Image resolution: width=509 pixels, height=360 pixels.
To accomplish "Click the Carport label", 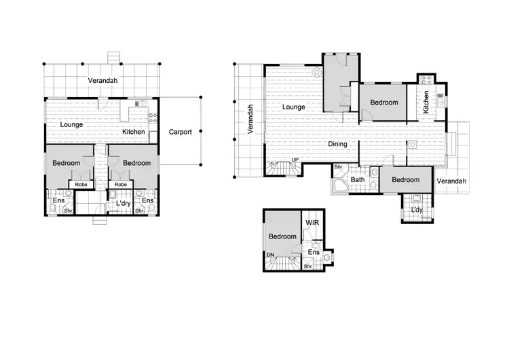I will point(180,132).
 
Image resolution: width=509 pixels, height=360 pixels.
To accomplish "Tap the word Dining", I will point(337,144).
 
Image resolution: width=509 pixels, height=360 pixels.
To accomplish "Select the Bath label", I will point(358,180).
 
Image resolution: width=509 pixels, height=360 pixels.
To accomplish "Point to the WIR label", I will point(312,222).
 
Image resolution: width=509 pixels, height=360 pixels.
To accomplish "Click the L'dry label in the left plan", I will point(123,203).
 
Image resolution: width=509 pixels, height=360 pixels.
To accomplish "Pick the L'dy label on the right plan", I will point(417,211).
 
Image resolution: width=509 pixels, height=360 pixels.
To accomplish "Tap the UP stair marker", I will point(295,160).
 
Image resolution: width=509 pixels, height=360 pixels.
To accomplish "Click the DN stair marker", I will point(271,255).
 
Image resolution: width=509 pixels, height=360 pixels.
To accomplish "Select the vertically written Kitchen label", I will point(426,103).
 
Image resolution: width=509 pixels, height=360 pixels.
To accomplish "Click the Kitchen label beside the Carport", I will point(133,132).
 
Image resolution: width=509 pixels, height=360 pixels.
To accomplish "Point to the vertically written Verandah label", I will point(250,119).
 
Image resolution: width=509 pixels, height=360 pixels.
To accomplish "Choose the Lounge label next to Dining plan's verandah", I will point(293,107).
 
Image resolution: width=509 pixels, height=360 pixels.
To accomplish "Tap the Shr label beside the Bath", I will point(337,167).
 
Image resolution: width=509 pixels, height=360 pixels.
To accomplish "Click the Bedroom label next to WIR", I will point(282,236).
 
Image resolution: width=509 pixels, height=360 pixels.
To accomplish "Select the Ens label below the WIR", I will point(314,253).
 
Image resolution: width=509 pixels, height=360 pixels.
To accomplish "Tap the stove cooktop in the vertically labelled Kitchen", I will point(426,79).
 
